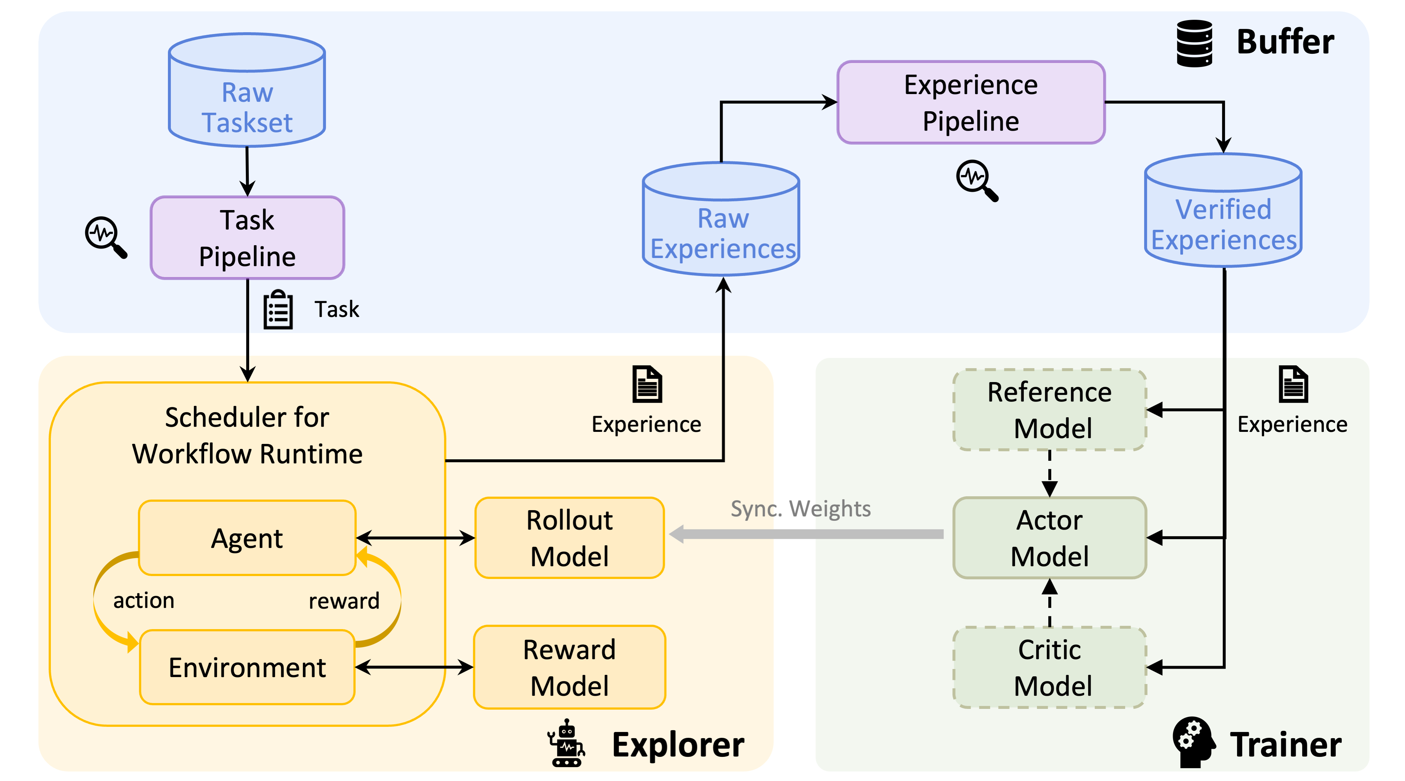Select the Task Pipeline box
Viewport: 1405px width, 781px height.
pyautogui.click(x=247, y=238)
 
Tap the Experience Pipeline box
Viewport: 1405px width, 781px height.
pyautogui.click(x=970, y=102)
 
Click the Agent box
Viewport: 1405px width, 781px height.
pyautogui.click(x=247, y=538)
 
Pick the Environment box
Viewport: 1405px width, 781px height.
pyautogui.click(x=247, y=667)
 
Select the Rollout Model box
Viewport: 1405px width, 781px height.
pyautogui.click(x=569, y=538)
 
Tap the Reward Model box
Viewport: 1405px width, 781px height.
pyautogui.click(x=569, y=667)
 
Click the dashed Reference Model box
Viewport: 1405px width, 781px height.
pyautogui.click(x=1049, y=410)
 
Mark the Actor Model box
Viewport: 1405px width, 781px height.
pyautogui.click(x=1049, y=538)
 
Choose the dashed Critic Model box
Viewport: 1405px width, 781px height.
pyautogui.click(x=1049, y=667)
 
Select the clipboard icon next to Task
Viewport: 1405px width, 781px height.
pyautogui.click(x=278, y=309)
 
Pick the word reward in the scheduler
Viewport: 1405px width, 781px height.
pyautogui.click(x=344, y=601)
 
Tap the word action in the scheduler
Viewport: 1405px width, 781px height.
pyautogui.click(x=143, y=600)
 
